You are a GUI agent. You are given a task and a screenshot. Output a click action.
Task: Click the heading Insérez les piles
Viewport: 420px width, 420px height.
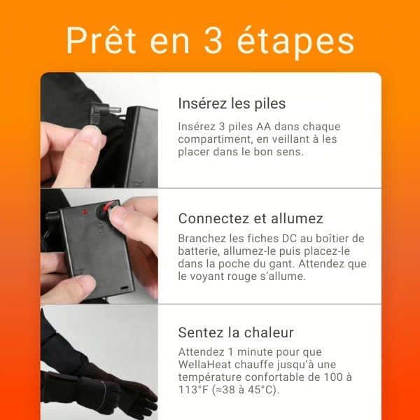tap(232, 104)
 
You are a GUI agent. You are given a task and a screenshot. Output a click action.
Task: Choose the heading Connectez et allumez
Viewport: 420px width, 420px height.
tap(250, 218)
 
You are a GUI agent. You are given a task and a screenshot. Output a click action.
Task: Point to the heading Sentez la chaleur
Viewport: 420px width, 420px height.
tap(236, 332)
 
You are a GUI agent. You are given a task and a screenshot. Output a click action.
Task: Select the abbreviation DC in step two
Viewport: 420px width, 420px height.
tap(287, 239)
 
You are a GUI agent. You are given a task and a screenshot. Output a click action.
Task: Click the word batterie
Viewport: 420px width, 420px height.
tap(199, 251)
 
